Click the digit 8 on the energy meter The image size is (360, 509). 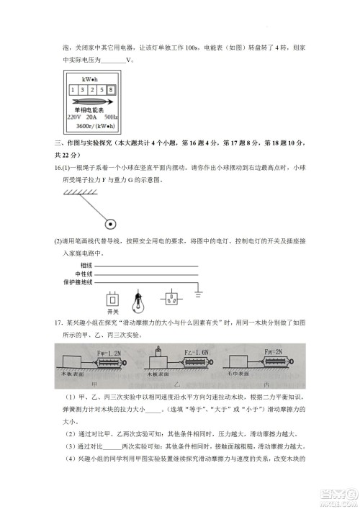112,90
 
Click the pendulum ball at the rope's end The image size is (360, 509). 111,222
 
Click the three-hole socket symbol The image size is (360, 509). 173,298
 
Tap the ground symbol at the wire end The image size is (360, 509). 199,294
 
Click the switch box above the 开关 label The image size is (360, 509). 112,299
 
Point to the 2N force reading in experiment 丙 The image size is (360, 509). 273,352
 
